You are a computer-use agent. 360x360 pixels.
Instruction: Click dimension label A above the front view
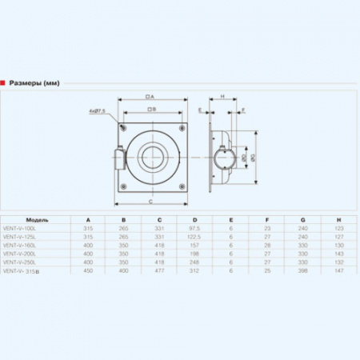(150, 96)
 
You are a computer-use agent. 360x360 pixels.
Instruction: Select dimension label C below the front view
(150, 202)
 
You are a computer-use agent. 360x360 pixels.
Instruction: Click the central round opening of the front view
(150, 153)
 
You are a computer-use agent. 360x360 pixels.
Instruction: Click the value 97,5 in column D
(194, 228)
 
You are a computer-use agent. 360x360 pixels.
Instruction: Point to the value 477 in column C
(159, 271)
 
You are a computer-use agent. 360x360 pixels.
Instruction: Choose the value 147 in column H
(339, 271)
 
